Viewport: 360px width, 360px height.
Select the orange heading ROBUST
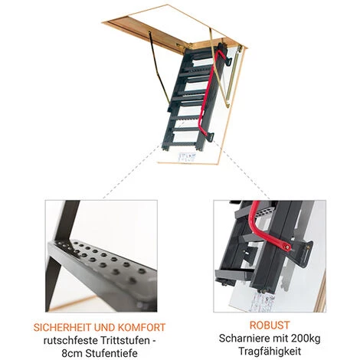(x=270, y=326)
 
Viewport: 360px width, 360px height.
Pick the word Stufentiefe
(x=112, y=354)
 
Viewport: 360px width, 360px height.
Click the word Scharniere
(x=243, y=339)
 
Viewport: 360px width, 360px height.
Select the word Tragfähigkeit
(x=270, y=352)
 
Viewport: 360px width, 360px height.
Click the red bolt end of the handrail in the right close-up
(x=287, y=247)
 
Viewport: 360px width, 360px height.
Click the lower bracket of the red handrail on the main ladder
(x=210, y=136)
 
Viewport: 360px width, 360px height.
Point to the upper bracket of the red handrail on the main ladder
(x=228, y=61)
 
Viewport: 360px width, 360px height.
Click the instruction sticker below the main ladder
(x=187, y=157)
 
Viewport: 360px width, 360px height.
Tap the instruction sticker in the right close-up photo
(x=262, y=301)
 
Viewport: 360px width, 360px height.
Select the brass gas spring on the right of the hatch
(x=234, y=76)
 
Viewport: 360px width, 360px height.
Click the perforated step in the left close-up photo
(x=102, y=268)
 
